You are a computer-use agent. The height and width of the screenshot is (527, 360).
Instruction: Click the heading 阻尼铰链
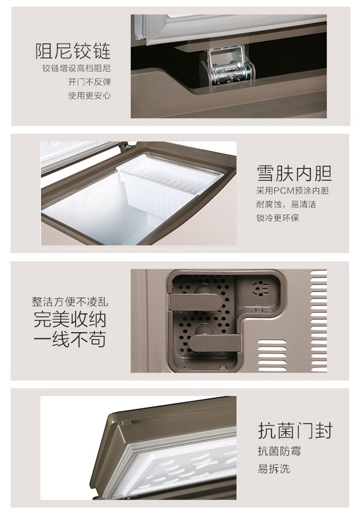click(x=73, y=51)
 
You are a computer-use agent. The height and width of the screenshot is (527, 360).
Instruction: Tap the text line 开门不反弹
click(x=89, y=82)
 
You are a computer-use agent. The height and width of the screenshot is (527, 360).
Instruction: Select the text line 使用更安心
click(x=89, y=96)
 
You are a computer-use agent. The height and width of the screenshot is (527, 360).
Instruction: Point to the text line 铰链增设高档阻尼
click(x=77, y=69)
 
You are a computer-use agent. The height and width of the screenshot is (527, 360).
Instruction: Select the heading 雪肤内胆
click(x=295, y=173)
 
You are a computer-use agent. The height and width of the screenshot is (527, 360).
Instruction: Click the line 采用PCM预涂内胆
click(x=293, y=191)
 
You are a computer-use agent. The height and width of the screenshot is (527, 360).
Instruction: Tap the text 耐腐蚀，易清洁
click(x=286, y=204)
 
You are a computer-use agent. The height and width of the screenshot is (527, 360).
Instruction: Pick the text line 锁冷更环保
click(x=278, y=218)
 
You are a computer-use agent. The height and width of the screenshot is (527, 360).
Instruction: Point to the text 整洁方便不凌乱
click(x=70, y=302)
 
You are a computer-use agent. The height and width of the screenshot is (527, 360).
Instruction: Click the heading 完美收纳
click(x=70, y=319)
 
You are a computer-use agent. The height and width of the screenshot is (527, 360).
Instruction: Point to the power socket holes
click(x=260, y=289)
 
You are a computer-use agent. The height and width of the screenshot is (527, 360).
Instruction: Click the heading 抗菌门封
click(x=295, y=430)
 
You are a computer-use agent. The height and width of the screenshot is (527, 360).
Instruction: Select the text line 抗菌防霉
click(x=279, y=451)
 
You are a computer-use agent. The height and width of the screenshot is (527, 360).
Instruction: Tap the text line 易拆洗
click(x=274, y=468)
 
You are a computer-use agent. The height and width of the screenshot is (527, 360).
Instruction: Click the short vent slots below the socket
click(x=272, y=355)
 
